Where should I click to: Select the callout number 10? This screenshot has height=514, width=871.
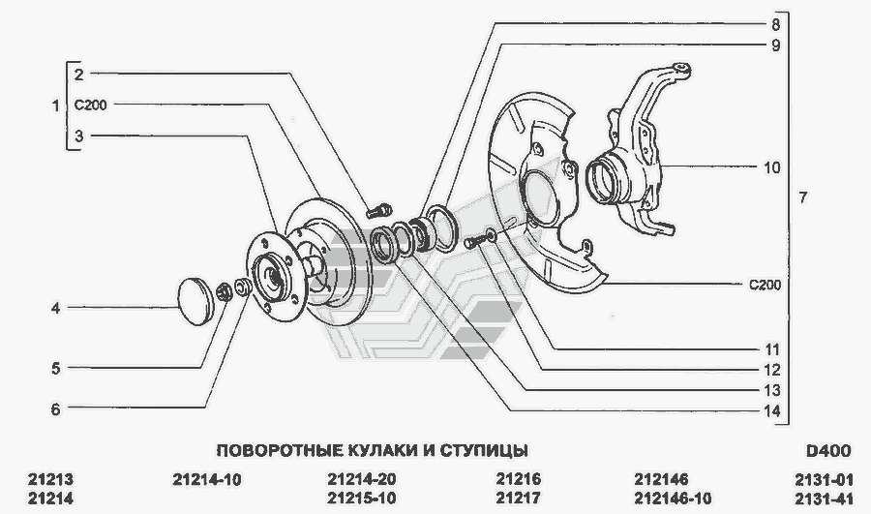[x=772, y=167]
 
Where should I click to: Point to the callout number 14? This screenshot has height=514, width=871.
[x=772, y=411]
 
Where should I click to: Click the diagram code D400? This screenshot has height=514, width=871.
[x=828, y=450]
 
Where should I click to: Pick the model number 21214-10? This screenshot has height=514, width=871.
[x=207, y=479]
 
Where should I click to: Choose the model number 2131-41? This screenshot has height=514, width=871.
[x=824, y=499]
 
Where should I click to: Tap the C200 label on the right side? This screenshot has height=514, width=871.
[x=765, y=285]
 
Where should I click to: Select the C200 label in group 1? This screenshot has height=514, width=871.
[x=91, y=105]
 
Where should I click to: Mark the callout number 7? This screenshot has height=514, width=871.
[x=802, y=197]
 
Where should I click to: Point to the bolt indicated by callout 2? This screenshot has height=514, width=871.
[x=378, y=211]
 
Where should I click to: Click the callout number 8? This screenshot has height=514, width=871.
[x=775, y=25]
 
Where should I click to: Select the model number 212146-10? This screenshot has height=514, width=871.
[x=673, y=499]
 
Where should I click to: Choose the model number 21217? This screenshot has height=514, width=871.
[x=519, y=499]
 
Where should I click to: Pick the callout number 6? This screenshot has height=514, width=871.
[x=55, y=409]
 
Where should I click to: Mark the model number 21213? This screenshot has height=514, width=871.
[x=50, y=479]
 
